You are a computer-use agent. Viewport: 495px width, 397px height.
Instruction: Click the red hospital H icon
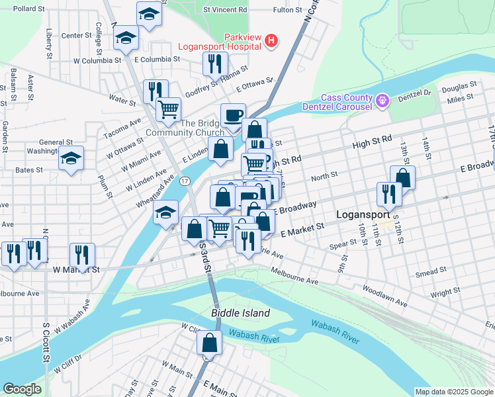click(x=271, y=41)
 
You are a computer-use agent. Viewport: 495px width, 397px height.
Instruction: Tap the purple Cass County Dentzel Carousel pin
click(x=381, y=101)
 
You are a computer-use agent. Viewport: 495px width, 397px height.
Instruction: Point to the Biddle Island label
click(x=240, y=312)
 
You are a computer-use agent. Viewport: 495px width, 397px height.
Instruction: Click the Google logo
click(x=22, y=389)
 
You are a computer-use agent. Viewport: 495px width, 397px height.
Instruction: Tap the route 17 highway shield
click(x=185, y=181)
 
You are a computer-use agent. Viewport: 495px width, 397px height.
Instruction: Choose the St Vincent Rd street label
click(x=225, y=11)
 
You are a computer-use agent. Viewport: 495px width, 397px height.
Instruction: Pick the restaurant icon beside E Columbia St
click(x=214, y=64)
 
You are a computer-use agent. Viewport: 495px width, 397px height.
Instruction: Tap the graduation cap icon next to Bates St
click(x=71, y=159)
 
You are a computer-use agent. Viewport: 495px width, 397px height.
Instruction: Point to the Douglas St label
click(x=459, y=86)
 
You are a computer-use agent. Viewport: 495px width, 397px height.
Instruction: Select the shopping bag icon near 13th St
click(x=402, y=177)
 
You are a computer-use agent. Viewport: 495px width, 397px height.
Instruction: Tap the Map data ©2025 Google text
click(x=453, y=392)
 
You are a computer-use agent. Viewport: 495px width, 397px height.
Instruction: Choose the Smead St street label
click(x=431, y=272)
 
